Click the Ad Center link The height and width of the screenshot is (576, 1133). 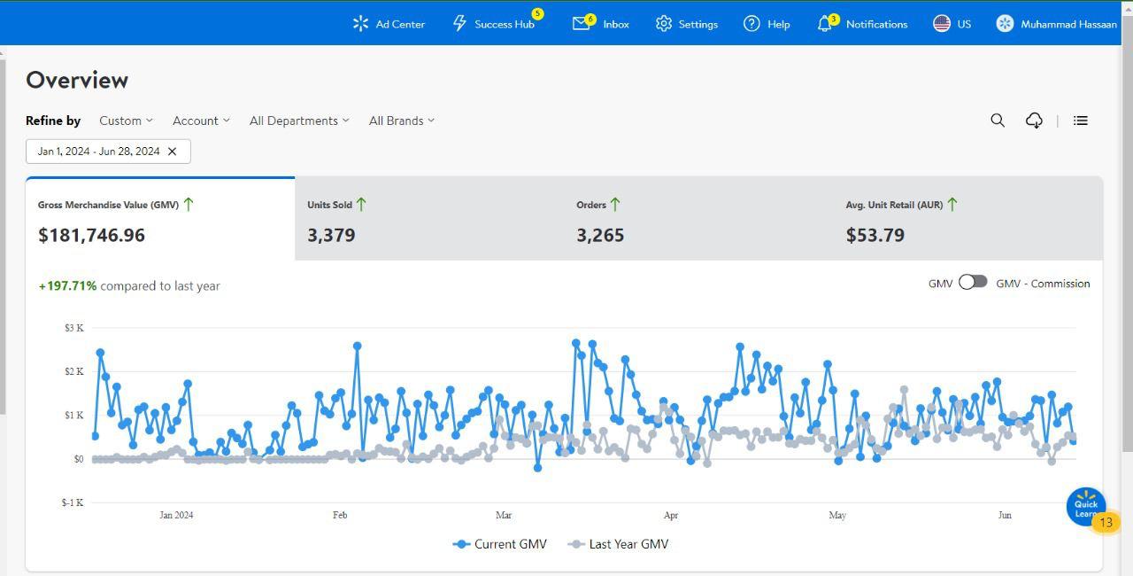click(x=389, y=24)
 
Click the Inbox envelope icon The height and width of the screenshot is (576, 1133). click(x=582, y=24)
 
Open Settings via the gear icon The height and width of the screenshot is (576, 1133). click(x=663, y=24)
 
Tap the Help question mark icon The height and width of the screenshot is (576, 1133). click(x=751, y=24)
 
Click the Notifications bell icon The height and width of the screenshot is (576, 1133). click(x=824, y=24)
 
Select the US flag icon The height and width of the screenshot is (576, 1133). click(x=941, y=24)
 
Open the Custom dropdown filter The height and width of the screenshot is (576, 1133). click(x=126, y=121)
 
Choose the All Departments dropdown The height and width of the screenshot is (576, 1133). click(x=299, y=121)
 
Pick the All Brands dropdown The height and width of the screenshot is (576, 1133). click(x=402, y=121)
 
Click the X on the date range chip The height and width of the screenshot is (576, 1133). click(x=172, y=152)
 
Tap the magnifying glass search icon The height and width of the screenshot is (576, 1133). click(x=998, y=121)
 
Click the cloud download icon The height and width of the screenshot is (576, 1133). click(x=1034, y=121)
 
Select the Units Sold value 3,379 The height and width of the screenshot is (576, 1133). click(x=331, y=235)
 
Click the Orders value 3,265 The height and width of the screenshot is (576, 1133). click(x=600, y=235)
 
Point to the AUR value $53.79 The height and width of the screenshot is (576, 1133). click(x=875, y=235)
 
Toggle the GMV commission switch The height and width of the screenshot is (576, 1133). click(x=973, y=282)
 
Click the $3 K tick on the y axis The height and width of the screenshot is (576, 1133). click(x=74, y=328)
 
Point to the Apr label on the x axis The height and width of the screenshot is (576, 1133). click(x=671, y=515)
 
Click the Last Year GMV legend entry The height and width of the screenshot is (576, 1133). click(x=618, y=544)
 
